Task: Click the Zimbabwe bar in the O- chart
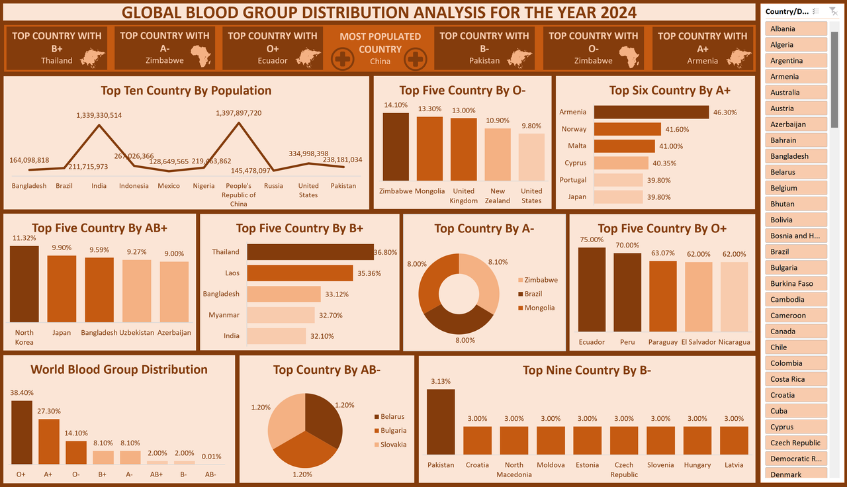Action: pos(396,146)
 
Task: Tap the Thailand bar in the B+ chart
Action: pos(310,252)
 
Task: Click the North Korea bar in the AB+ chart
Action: pos(24,284)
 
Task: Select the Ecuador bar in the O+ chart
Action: pos(592,288)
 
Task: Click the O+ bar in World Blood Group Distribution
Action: pos(22,432)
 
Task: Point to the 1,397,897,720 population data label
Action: pos(239,113)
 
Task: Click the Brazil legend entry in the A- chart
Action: pos(533,294)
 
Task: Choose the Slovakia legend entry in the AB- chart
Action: pos(393,445)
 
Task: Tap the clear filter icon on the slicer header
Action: pos(833,11)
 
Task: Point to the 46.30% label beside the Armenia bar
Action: pos(725,112)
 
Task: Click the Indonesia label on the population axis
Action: pos(134,186)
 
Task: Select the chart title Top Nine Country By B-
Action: pos(587,371)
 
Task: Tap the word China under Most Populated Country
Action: pos(380,62)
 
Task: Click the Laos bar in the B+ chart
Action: pos(300,273)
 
